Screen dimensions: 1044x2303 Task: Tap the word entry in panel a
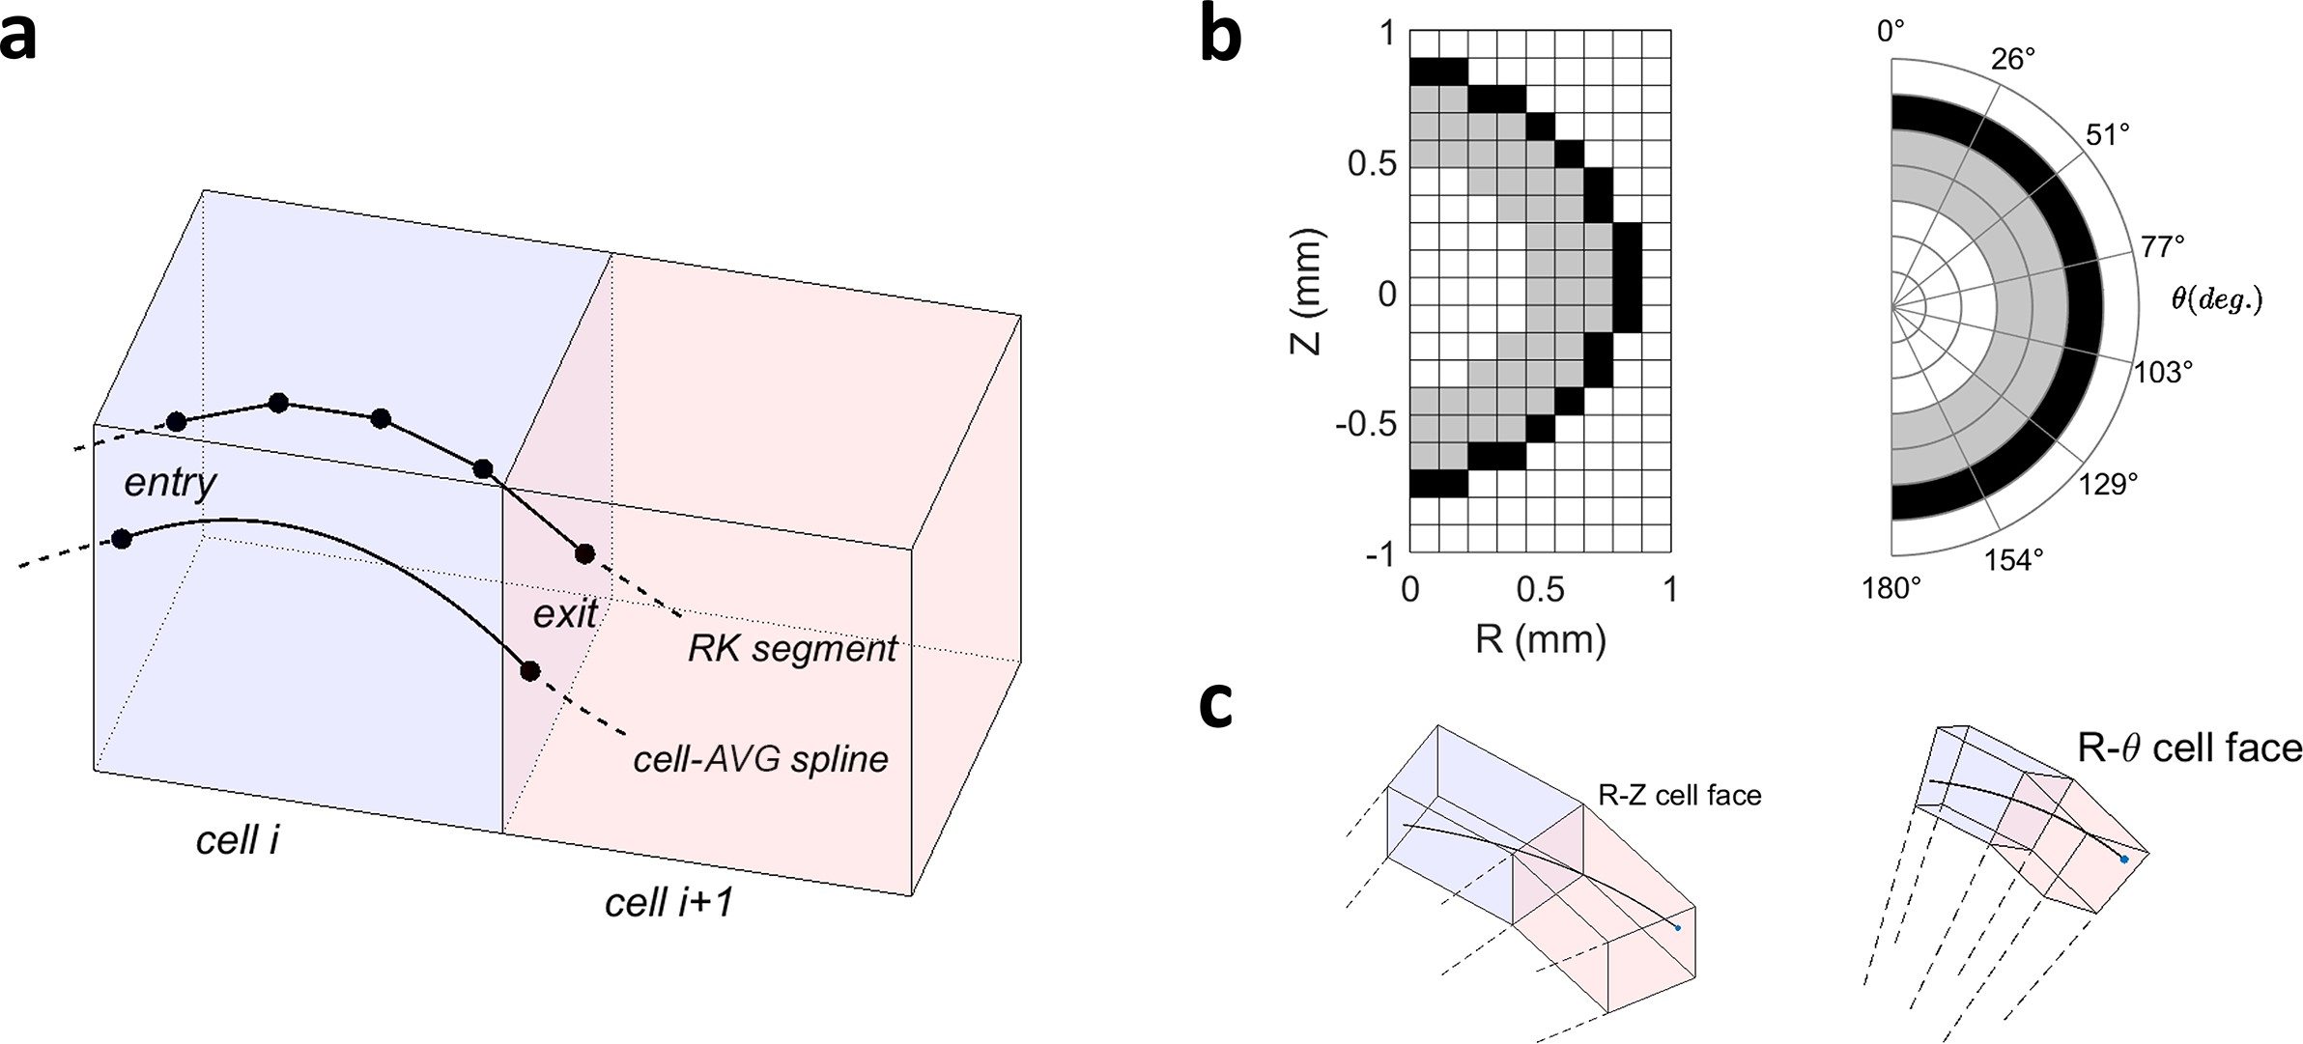coord(170,483)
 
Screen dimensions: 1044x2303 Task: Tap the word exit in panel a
coord(565,613)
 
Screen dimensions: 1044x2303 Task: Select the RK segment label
coord(792,649)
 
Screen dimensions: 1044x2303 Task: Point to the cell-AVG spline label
coord(760,759)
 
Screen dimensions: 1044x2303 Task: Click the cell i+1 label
coord(668,902)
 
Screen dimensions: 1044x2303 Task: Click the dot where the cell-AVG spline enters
coord(122,538)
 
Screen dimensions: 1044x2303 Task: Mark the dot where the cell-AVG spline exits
coord(529,670)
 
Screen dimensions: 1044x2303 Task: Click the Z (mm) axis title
coord(1306,292)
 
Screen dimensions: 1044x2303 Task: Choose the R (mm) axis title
coord(1540,638)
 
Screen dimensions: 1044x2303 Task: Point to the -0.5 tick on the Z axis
coord(1366,424)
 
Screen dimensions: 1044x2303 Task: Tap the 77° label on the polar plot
coord(2163,247)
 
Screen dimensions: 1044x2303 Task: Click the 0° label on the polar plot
coord(1891,32)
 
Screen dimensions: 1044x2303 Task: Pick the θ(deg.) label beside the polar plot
coord(2216,299)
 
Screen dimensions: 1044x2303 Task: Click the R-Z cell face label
coord(1679,795)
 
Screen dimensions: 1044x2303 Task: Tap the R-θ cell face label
coord(2189,748)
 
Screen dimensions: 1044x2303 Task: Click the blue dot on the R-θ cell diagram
coord(2123,859)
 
